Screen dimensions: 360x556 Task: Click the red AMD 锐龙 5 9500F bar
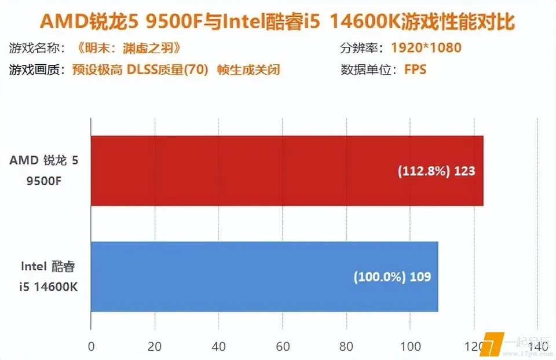(x=287, y=171)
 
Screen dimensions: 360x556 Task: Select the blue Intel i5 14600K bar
(x=264, y=276)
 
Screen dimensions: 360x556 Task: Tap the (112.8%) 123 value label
(x=436, y=171)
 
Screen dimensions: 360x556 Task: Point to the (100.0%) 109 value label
(x=392, y=277)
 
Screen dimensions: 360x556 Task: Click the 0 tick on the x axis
(x=91, y=347)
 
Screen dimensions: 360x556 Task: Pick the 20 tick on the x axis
(x=155, y=347)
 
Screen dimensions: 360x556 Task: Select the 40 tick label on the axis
(x=218, y=347)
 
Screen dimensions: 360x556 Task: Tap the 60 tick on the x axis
(x=282, y=347)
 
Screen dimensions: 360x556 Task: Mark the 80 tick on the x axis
(x=346, y=347)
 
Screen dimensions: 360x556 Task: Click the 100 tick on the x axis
(x=410, y=347)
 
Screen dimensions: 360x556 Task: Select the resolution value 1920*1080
(x=426, y=47)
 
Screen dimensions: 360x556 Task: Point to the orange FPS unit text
(x=415, y=70)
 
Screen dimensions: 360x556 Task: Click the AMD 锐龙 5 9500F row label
(x=43, y=171)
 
